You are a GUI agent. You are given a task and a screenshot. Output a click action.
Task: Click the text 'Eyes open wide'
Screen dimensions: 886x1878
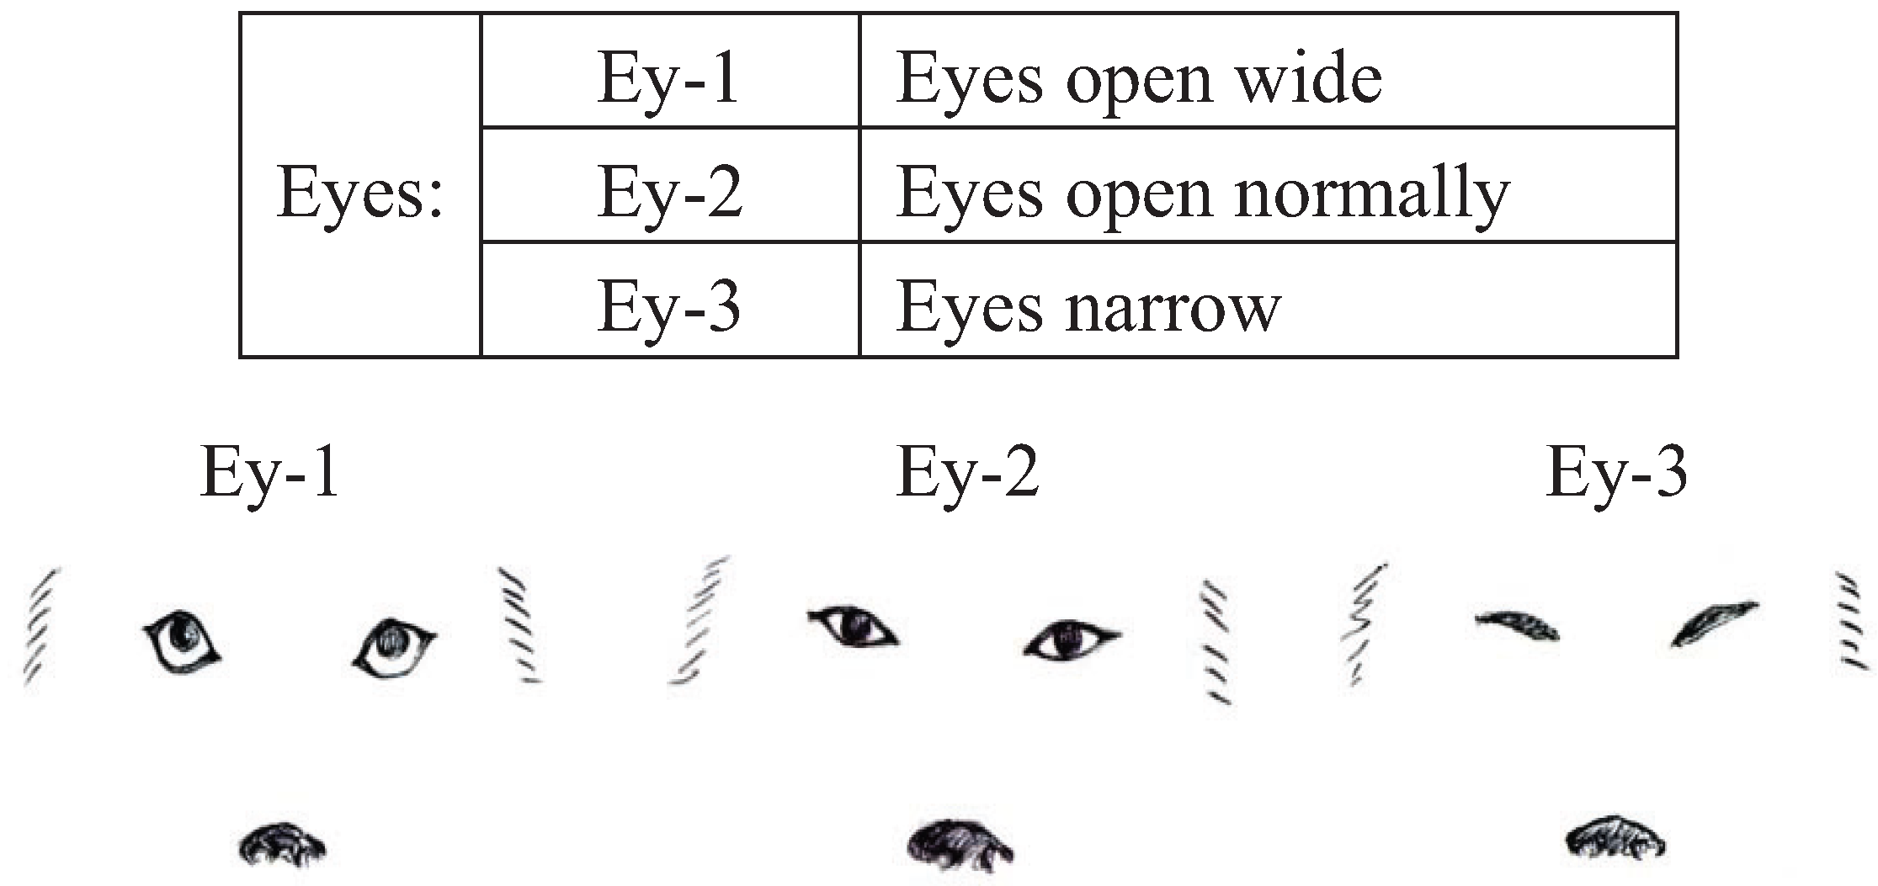pyautogui.click(x=1138, y=79)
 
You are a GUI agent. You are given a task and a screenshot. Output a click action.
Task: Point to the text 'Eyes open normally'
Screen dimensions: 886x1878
pyautogui.click(x=1202, y=194)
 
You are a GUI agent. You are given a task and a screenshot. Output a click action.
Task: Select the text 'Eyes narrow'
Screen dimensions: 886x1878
pyautogui.click(x=1088, y=307)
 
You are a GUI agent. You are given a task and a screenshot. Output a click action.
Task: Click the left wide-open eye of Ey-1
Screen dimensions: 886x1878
pyautogui.click(x=182, y=640)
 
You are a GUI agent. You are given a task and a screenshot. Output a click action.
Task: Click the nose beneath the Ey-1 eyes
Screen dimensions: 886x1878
pyautogui.click(x=282, y=846)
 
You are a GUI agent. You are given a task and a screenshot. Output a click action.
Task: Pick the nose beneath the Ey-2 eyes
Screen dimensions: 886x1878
pyautogui.click(x=960, y=850)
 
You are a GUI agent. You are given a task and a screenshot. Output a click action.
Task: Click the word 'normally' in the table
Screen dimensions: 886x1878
pyautogui.click(x=1372, y=194)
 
